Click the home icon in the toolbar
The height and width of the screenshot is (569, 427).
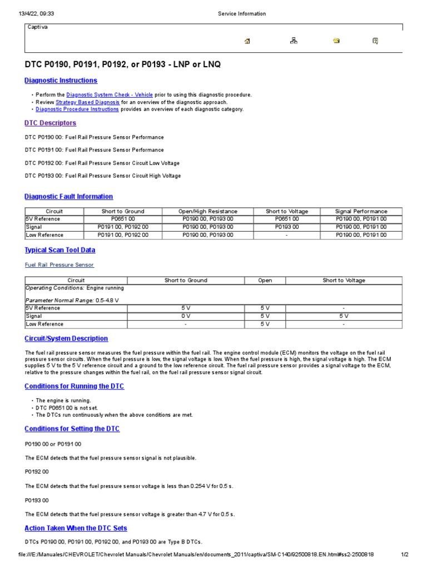click(x=247, y=41)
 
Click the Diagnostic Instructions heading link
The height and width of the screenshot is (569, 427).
click(x=61, y=81)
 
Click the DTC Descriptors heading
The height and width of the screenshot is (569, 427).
click(x=51, y=123)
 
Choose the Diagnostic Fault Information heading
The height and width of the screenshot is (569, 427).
click(x=69, y=196)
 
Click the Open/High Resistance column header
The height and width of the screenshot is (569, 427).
click(x=207, y=211)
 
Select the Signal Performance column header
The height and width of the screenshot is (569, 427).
click(x=361, y=211)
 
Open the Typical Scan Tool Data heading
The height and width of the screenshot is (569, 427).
click(x=60, y=251)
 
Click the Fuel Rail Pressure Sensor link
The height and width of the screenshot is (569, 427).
click(x=59, y=265)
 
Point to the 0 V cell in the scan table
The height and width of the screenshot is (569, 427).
click(x=186, y=316)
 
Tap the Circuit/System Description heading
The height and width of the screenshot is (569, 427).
click(x=67, y=338)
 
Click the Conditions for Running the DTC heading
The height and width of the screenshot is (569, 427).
click(x=75, y=386)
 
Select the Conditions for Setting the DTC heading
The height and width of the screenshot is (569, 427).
click(x=72, y=428)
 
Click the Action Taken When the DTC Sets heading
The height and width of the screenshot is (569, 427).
click(x=76, y=528)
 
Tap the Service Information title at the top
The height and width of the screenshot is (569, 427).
click(x=241, y=14)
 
